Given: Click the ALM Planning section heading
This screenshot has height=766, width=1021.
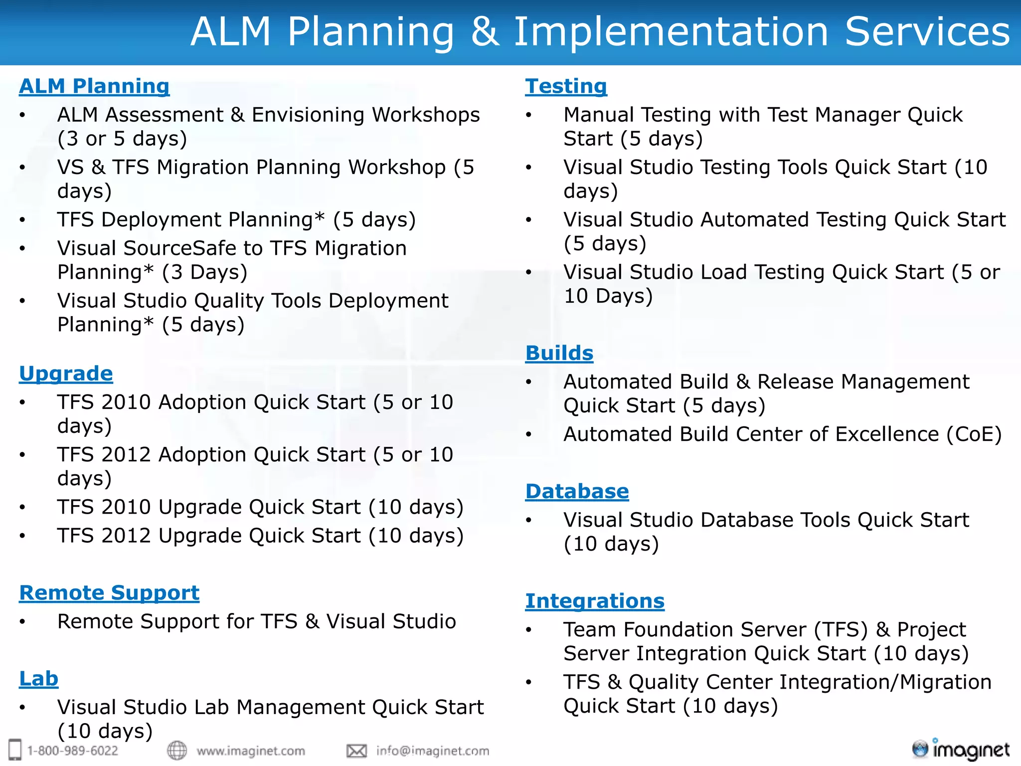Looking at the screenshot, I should coord(94,86).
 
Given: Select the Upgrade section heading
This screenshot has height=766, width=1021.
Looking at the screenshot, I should coord(66,374).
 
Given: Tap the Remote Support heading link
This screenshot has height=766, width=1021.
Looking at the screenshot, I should coord(109,593).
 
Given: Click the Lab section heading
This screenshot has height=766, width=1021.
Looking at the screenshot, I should coord(38,679).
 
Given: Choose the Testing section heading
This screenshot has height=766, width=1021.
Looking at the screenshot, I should coord(566,86).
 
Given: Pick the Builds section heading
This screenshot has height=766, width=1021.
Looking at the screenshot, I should coord(559,353).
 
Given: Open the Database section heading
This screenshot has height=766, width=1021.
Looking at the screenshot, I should coord(577,491).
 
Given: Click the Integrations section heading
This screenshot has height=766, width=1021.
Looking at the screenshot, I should coord(594,601).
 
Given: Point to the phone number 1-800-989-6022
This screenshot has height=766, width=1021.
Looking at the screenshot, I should coord(72,751).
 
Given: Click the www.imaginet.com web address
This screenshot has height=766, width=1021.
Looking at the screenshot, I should coord(250,751).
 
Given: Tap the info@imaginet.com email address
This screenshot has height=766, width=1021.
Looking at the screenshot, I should coord(432,751).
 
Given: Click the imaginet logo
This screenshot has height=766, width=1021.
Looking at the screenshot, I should coord(960,749).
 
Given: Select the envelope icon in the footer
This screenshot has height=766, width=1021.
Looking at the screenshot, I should coord(356,751).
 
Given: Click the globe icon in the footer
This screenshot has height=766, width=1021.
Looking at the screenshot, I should coord(176,750).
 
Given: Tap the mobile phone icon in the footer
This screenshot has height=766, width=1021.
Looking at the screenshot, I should coord(15,750).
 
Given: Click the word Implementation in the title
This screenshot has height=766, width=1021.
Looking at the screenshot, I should coord(671,32).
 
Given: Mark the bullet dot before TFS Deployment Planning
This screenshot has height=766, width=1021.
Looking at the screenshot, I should coord(22,220).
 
